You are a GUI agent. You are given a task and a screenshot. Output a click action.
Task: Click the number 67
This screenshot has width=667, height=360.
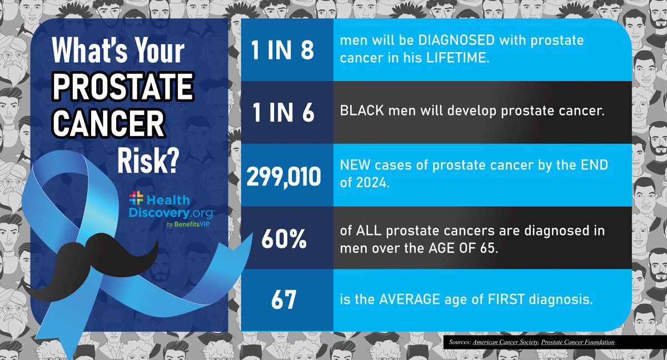pyautogui.click(x=284, y=301)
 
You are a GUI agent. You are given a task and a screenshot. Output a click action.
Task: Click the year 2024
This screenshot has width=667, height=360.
pyautogui.click(x=370, y=183)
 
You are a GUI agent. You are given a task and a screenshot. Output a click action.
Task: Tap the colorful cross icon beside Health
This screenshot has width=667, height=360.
pyautogui.click(x=136, y=198)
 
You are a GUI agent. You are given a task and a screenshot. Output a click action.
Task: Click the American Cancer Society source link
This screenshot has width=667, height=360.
pyautogui.click(x=505, y=342)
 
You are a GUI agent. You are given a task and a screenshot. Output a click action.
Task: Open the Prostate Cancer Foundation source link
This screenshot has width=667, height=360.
pyautogui.click(x=578, y=342)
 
